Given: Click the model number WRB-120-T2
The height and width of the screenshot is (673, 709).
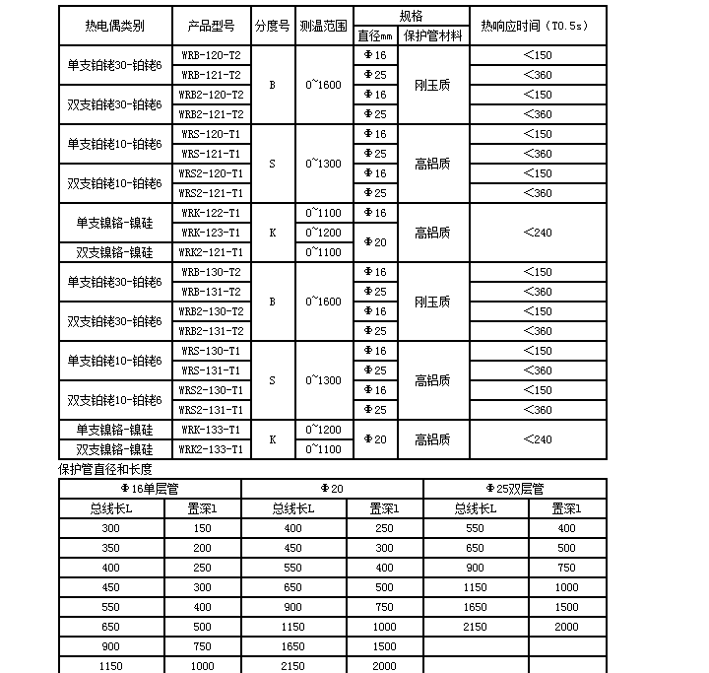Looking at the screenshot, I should point(211,54).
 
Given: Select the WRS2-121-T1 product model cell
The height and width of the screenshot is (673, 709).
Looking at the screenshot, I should point(211,192).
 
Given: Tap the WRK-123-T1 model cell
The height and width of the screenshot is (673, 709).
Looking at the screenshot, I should point(211,232).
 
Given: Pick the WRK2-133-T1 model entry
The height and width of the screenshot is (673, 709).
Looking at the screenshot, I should point(211,448).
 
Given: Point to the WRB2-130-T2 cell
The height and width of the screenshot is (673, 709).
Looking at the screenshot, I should point(211,310).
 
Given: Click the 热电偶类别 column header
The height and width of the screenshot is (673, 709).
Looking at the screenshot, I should point(114,25).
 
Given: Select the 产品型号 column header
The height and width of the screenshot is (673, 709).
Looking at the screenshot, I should point(211,25).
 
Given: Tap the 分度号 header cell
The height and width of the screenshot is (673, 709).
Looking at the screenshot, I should point(272,25).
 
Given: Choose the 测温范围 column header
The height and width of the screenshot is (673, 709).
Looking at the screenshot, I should point(323,25).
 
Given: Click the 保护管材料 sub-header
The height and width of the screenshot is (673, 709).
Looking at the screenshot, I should point(433,35).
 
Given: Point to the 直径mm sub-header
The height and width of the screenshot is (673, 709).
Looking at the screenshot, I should point(374,35).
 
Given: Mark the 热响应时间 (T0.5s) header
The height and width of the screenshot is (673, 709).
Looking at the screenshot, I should point(538,25).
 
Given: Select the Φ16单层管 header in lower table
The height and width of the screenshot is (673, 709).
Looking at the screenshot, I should point(150,488).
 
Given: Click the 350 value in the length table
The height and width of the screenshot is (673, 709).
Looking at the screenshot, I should point(109,548).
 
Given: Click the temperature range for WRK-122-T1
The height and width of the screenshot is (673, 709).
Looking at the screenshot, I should point(323,212).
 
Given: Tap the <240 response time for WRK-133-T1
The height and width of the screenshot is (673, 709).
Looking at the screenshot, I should point(538,438).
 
